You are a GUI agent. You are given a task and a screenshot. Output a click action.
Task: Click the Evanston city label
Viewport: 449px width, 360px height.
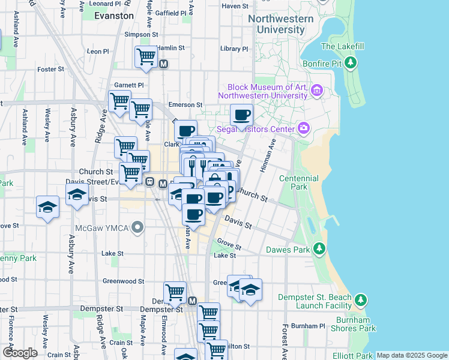coord(114,16)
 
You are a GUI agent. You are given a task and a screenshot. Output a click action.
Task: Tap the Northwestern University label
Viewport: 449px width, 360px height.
coord(281,24)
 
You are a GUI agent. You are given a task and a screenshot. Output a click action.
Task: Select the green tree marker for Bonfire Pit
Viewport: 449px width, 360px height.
coord(351,62)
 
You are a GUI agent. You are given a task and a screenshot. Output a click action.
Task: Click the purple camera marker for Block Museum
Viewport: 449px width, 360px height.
coord(318,91)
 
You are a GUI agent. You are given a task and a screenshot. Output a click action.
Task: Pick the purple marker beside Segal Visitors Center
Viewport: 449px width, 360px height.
coord(304,128)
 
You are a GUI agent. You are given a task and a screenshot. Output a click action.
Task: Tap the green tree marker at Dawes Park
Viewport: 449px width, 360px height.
coord(319,248)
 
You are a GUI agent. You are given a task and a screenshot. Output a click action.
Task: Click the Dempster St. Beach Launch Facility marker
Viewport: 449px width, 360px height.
coord(360,299)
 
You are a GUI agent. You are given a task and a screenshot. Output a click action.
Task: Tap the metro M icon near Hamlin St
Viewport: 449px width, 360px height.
coord(163,63)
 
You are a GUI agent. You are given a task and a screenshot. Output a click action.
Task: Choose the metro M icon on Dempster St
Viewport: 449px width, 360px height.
coord(192,301)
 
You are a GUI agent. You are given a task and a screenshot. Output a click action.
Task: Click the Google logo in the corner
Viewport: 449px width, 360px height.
coord(20,353)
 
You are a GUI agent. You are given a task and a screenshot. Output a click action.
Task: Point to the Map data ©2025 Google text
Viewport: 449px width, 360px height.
coord(411,355)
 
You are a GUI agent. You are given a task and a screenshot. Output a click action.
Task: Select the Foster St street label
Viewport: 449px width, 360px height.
coord(51,70)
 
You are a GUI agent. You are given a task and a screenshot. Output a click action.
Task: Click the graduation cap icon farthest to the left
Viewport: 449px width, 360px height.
coord(47,207)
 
